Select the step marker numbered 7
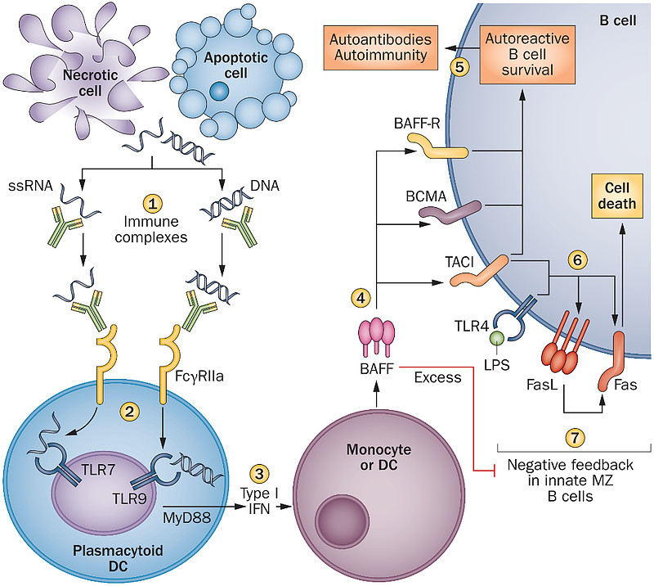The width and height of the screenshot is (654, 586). [x=577, y=436]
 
